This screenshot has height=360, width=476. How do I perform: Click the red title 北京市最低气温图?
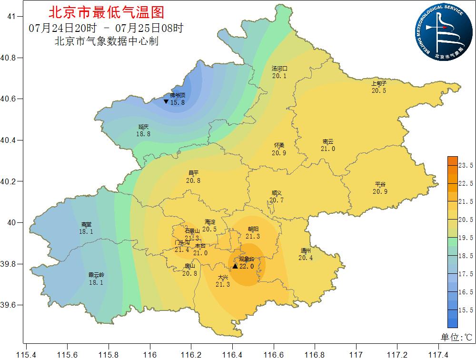[x=106, y=12]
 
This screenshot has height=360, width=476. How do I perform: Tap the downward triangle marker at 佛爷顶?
[x=166, y=101]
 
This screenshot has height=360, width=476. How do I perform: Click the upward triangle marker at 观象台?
[x=235, y=266]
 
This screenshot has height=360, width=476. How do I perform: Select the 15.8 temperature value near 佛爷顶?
[x=177, y=102]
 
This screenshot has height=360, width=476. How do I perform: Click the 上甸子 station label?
[x=378, y=84]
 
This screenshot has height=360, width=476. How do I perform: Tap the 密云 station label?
[x=328, y=142]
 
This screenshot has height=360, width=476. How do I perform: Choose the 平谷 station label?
[x=380, y=185]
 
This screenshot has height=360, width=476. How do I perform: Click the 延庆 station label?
[x=143, y=127]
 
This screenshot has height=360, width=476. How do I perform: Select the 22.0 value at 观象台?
[x=247, y=266]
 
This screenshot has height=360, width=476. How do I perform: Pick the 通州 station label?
[x=306, y=251]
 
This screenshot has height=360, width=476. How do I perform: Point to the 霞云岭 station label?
[x=96, y=275]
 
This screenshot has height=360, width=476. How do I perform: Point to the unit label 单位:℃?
[x=456, y=337]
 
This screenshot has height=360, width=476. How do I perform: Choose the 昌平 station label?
[x=193, y=174]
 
